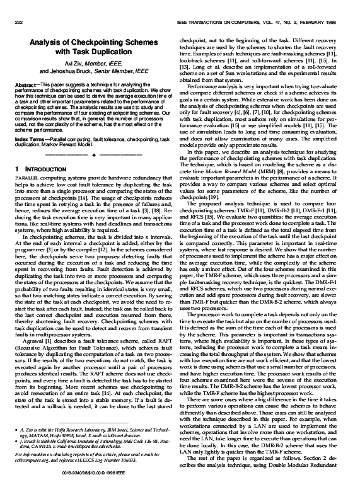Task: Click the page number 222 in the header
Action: click(x=17, y=22)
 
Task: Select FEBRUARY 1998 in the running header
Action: click(x=325, y=22)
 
